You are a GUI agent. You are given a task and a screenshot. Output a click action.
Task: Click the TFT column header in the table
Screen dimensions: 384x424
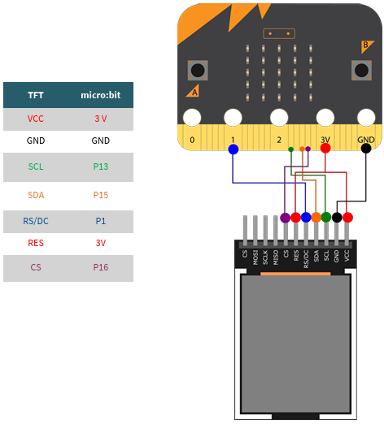(x=36, y=95)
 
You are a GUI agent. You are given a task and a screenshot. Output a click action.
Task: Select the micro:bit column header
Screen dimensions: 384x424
(x=101, y=95)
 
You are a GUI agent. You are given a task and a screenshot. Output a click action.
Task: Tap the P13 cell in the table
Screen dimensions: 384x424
(x=101, y=167)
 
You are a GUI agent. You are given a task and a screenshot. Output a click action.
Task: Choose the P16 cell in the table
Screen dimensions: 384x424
(x=101, y=267)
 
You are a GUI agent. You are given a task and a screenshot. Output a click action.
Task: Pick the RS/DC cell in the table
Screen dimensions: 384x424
(x=36, y=221)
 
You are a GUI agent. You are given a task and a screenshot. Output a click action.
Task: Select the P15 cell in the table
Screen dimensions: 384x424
(x=101, y=195)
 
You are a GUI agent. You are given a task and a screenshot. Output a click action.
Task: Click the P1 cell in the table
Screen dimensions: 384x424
(x=101, y=221)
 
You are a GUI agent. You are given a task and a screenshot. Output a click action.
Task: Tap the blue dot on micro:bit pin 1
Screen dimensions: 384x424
(x=233, y=149)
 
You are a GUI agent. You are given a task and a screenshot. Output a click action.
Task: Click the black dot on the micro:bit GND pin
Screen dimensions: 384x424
(x=366, y=148)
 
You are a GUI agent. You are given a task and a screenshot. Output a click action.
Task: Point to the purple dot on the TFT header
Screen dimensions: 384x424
(x=285, y=218)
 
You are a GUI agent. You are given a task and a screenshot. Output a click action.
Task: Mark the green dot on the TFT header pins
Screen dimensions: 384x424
(x=326, y=217)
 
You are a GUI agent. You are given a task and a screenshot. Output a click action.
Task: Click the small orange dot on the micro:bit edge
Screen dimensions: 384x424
(x=302, y=149)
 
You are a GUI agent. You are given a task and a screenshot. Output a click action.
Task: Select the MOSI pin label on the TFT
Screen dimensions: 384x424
(x=255, y=257)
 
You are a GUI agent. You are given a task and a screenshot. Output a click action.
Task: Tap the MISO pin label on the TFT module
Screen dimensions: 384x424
(x=276, y=257)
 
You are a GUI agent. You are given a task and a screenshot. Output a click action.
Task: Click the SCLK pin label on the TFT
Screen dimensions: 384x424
(x=265, y=257)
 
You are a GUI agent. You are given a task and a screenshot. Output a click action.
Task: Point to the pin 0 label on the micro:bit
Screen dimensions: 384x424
(x=192, y=140)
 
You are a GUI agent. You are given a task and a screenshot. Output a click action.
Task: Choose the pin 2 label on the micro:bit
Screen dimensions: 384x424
(x=279, y=140)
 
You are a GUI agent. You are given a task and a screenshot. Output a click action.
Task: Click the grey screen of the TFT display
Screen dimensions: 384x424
(x=295, y=344)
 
